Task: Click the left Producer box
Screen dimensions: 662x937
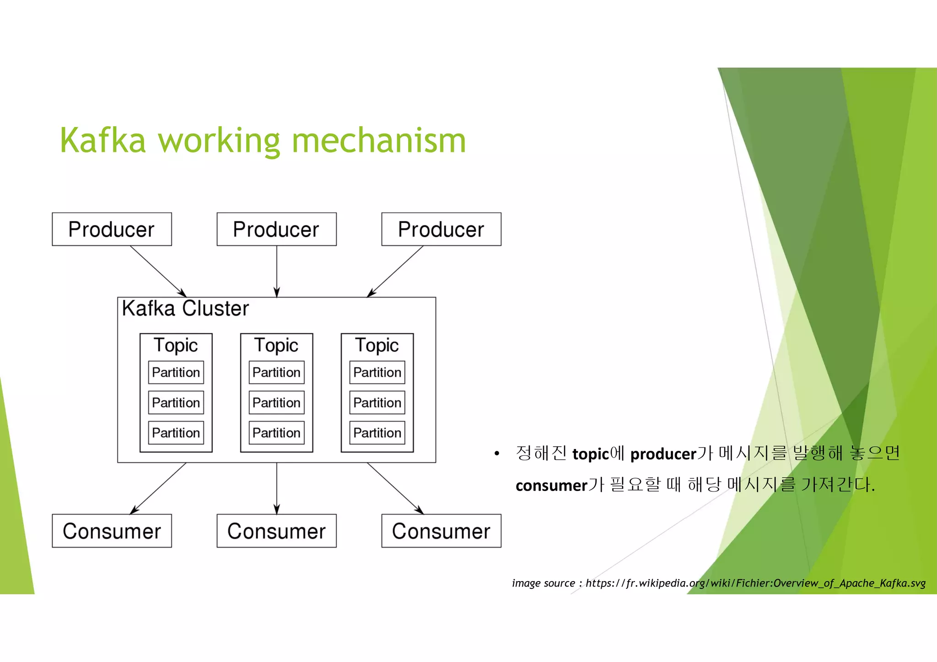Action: click(x=112, y=229)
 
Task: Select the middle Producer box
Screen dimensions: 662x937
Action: click(x=276, y=229)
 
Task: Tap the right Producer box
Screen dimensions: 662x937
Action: click(x=441, y=229)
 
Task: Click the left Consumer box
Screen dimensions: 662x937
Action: click(x=112, y=531)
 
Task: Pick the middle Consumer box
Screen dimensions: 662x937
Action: click(x=276, y=531)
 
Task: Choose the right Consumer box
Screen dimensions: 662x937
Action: click(x=441, y=531)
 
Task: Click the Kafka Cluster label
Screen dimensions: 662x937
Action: click(x=185, y=309)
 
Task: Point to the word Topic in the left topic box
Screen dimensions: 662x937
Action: click(x=176, y=345)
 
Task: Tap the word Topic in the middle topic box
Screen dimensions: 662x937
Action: click(x=276, y=345)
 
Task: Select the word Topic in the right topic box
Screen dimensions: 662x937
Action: click(x=377, y=345)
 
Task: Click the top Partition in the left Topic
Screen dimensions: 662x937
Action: click(x=176, y=372)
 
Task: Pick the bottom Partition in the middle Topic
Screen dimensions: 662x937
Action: click(x=276, y=432)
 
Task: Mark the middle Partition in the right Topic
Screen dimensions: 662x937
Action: click(x=377, y=402)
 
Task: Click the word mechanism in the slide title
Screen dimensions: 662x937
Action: click(x=379, y=140)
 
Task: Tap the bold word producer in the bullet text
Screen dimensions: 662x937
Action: click(x=663, y=454)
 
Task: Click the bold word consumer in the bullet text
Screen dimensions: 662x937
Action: click(x=551, y=485)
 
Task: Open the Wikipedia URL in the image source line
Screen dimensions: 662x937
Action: click(x=755, y=583)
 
